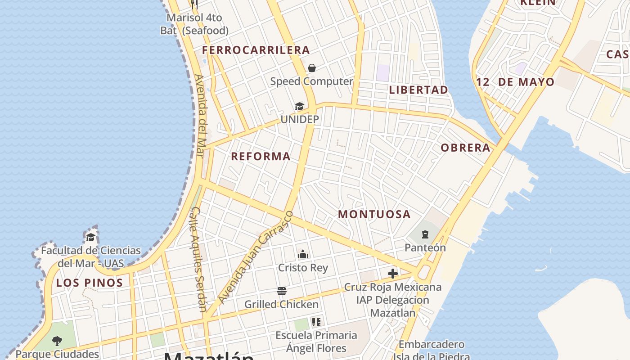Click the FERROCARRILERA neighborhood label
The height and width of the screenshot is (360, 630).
click(256, 50)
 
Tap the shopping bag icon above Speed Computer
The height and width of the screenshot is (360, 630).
click(312, 68)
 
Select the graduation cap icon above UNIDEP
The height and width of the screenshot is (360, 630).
click(299, 106)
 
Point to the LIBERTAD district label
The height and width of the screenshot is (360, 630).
click(418, 90)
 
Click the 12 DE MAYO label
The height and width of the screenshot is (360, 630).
click(515, 82)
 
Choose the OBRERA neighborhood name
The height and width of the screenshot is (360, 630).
click(465, 148)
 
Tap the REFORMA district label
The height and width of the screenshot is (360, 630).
click(261, 157)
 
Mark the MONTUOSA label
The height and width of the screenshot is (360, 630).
click(374, 214)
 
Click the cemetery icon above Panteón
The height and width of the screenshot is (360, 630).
click(425, 234)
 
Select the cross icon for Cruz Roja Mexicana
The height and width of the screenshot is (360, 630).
click(393, 273)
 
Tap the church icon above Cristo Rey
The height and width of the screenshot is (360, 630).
click(303, 254)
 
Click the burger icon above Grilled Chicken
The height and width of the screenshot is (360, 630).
click(282, 291)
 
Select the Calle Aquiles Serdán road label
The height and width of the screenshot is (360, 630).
click(198, 259)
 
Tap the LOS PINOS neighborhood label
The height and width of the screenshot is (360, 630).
click(90, 283)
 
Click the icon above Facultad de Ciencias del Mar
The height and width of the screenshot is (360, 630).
click(90, 237)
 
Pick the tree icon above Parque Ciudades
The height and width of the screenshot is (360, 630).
click(57, 341)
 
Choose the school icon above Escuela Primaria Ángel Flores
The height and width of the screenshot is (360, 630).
click(316, 322)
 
